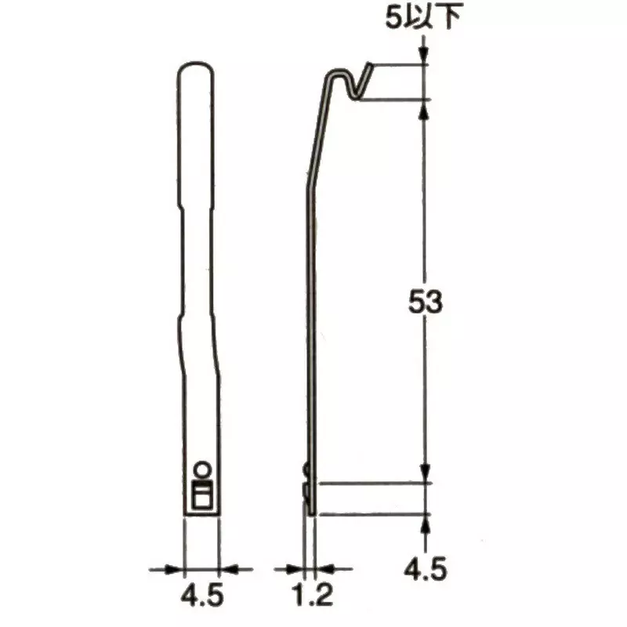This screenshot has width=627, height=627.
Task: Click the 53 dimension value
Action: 426,303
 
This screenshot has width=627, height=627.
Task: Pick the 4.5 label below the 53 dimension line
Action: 426,567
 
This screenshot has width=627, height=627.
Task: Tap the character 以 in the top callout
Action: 422,17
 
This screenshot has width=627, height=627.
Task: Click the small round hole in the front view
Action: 201,469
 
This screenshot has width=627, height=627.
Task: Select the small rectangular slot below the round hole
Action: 202,496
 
